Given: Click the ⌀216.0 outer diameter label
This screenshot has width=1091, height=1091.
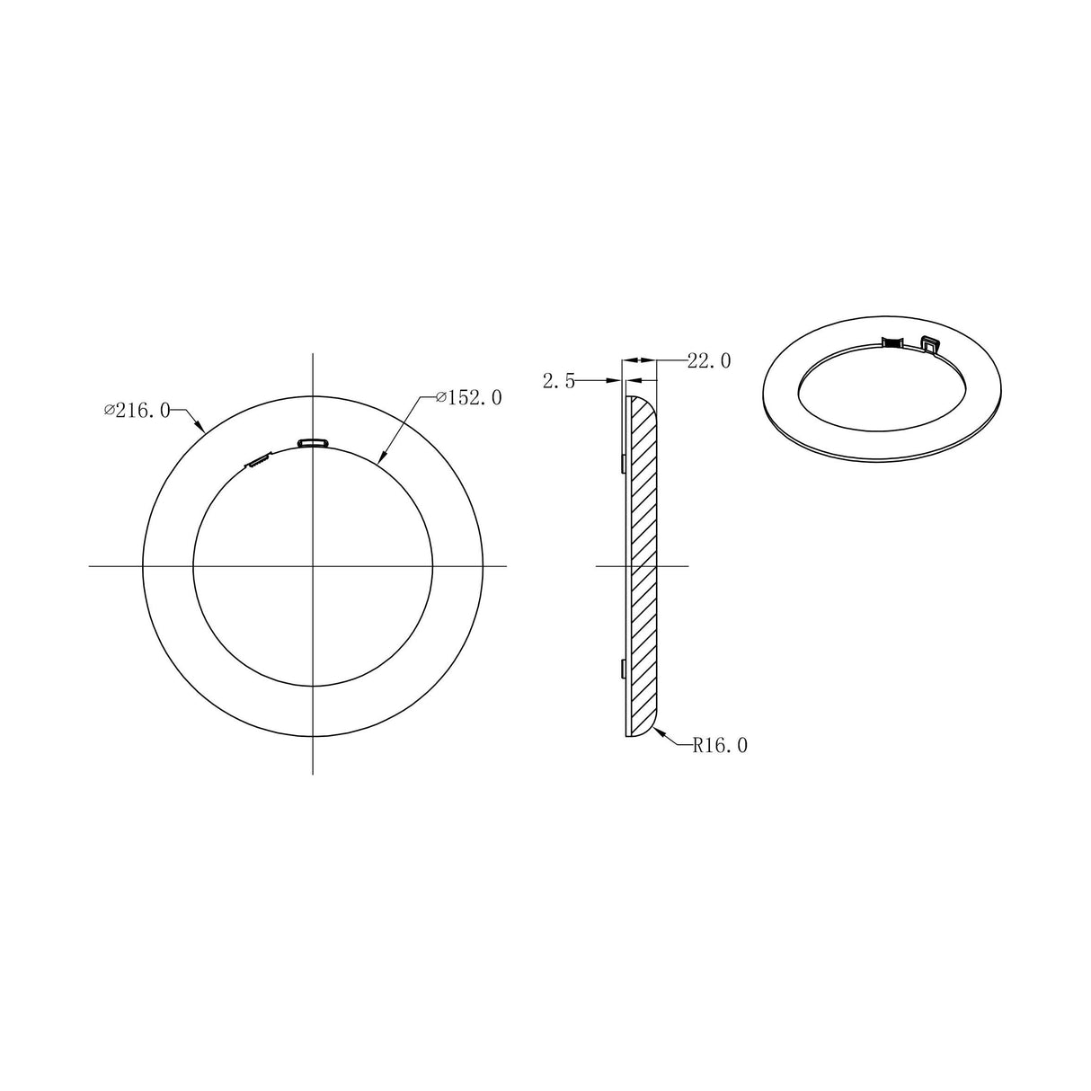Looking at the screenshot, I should (137, 411).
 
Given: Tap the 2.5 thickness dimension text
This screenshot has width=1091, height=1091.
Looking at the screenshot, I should (558, 382).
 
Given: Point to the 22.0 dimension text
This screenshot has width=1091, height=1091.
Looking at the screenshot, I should (709, 361).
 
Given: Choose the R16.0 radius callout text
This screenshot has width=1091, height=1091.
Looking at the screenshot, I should (720, 744).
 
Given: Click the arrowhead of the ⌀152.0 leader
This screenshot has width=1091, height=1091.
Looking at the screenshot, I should (380, 460).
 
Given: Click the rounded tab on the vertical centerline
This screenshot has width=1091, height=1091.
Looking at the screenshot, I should (313, 441).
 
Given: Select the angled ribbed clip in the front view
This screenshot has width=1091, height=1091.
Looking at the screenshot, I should (259, 462).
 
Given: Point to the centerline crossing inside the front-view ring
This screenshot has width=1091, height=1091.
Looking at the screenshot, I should (313, 565).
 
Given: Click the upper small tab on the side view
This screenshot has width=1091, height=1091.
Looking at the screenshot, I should (623, 463).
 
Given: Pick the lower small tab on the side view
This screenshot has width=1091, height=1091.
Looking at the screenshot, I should (623, 668).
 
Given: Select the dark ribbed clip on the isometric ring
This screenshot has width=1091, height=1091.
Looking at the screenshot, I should (891, 341).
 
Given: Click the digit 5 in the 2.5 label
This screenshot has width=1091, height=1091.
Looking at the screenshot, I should (569, 382).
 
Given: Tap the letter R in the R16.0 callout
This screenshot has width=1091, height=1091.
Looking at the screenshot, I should (697, 744).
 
